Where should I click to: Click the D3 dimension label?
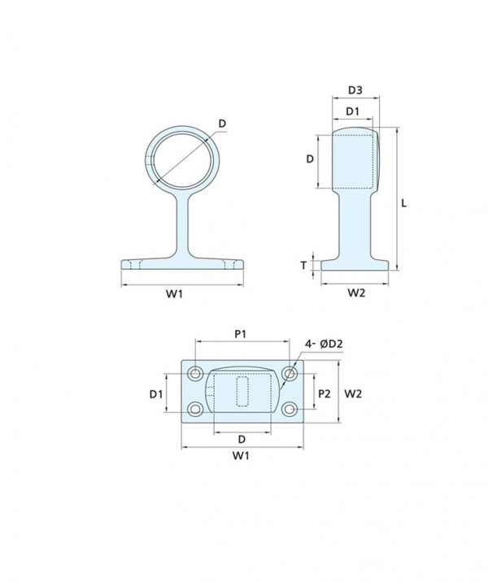(x=355, y=90)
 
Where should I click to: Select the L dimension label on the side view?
(x=404, y=203)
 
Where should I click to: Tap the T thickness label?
(x=304, y=265)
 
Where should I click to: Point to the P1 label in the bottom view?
(x=241, y=334)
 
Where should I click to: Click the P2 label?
(x=325, y=393)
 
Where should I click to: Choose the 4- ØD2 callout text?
(x=324, y=344)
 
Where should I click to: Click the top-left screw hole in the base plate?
(x=195, y=373)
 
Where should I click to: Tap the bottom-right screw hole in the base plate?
(x=289, y=410)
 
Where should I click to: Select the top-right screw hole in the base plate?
(x=290, y=373)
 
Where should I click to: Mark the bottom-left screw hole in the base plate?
(x=195, y=410)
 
